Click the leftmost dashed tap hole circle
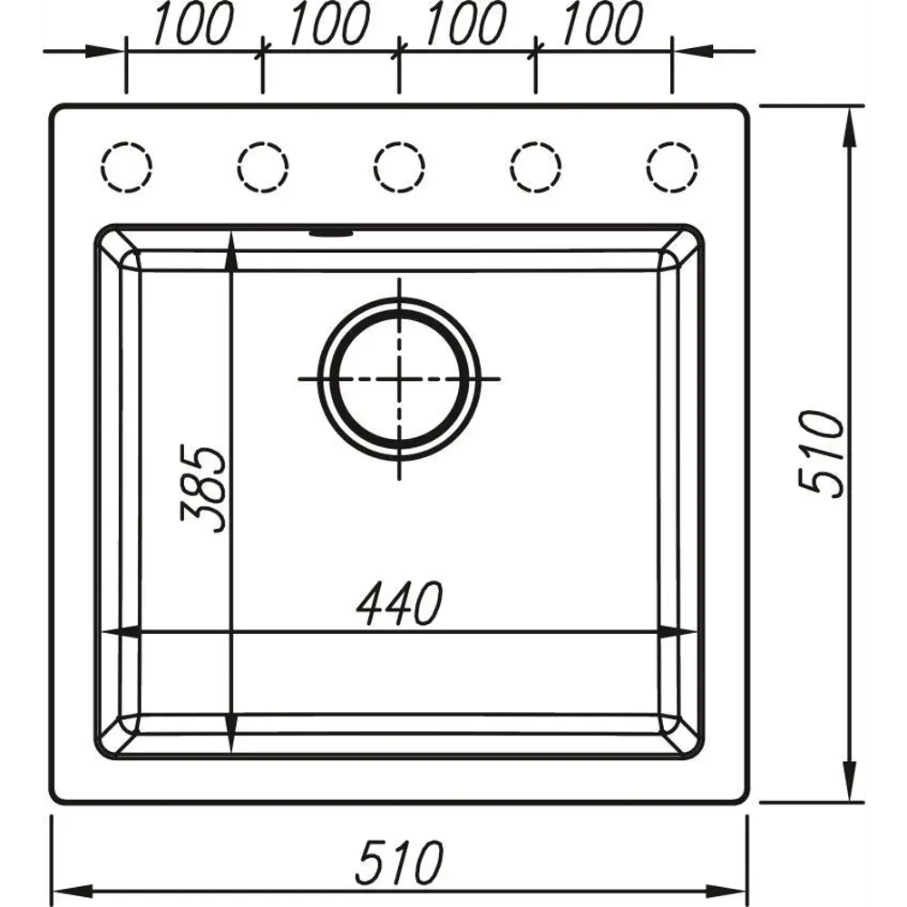[x=126, y=168]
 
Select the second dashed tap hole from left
[x=263, y=168]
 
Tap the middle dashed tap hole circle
[x=399, y=168]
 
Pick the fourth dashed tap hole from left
[x=535, y=168]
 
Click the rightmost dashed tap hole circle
[x=672, y=168]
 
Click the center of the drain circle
[x=399, y=378]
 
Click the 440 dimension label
[x=399, y=604]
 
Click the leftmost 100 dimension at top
[x=192, y=24]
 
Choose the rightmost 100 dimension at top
[x=601, y=24]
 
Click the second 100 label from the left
[x=328, y=24]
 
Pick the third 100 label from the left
[x=465, y=24]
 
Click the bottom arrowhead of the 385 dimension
[x=232, y=739]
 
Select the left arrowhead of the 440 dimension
[x=118, y=632]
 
